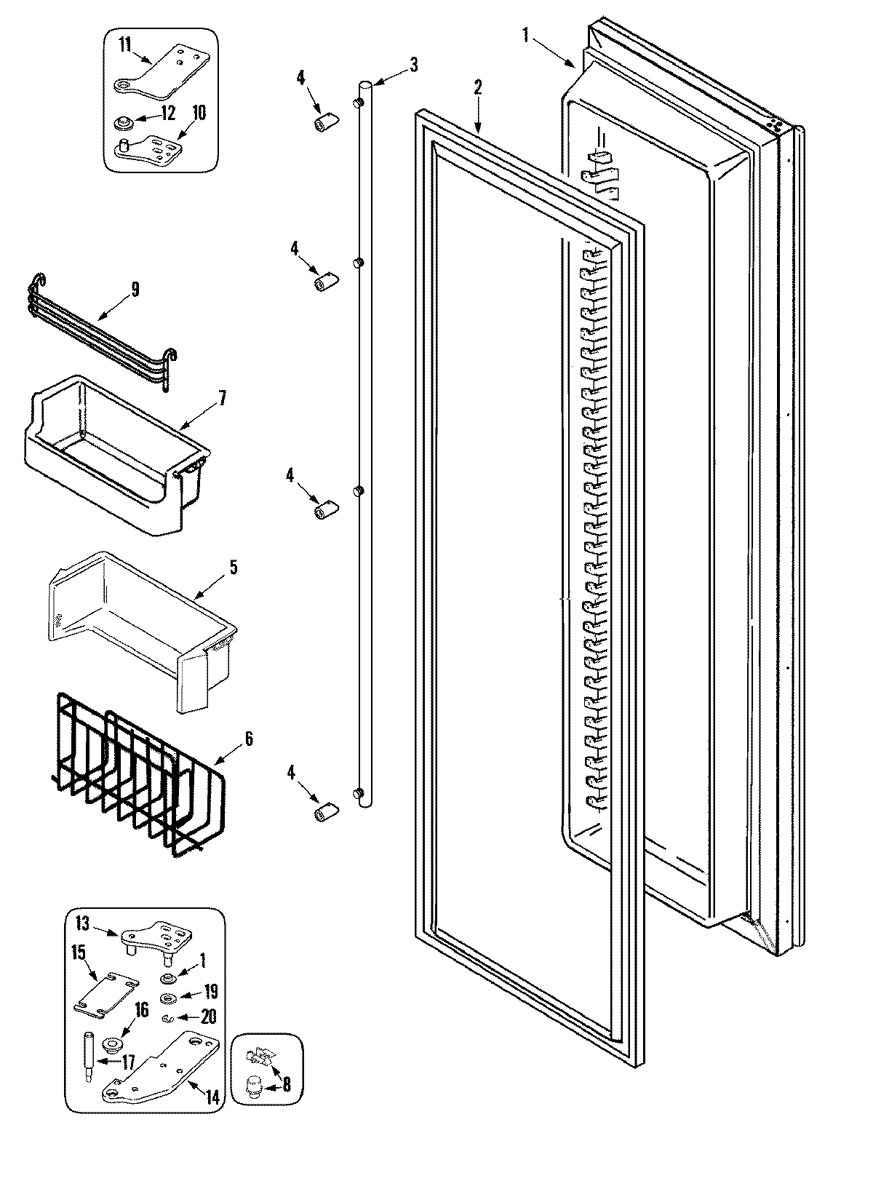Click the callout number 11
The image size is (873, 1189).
pos(125,45)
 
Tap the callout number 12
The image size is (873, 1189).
pos(168,113)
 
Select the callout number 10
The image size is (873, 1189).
pos(199,113)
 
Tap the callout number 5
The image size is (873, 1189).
pos(233,567)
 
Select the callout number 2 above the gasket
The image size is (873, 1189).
pos(477,87)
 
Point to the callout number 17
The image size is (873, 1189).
pos(128,1063)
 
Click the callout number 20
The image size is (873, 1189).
pos(208,1017)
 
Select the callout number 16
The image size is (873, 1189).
pos(140,1009)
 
